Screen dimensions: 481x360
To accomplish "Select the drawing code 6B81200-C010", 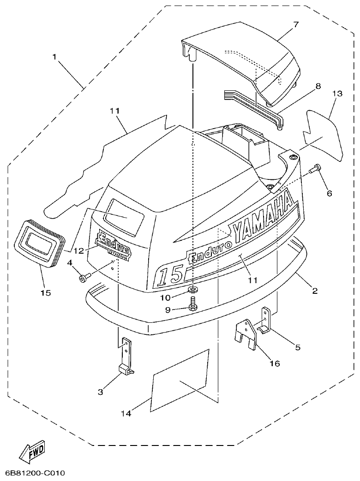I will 35,473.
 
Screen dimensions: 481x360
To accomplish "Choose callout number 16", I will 274,363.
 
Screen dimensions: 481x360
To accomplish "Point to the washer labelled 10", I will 193,290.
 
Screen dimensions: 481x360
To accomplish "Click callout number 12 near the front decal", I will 78,251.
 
